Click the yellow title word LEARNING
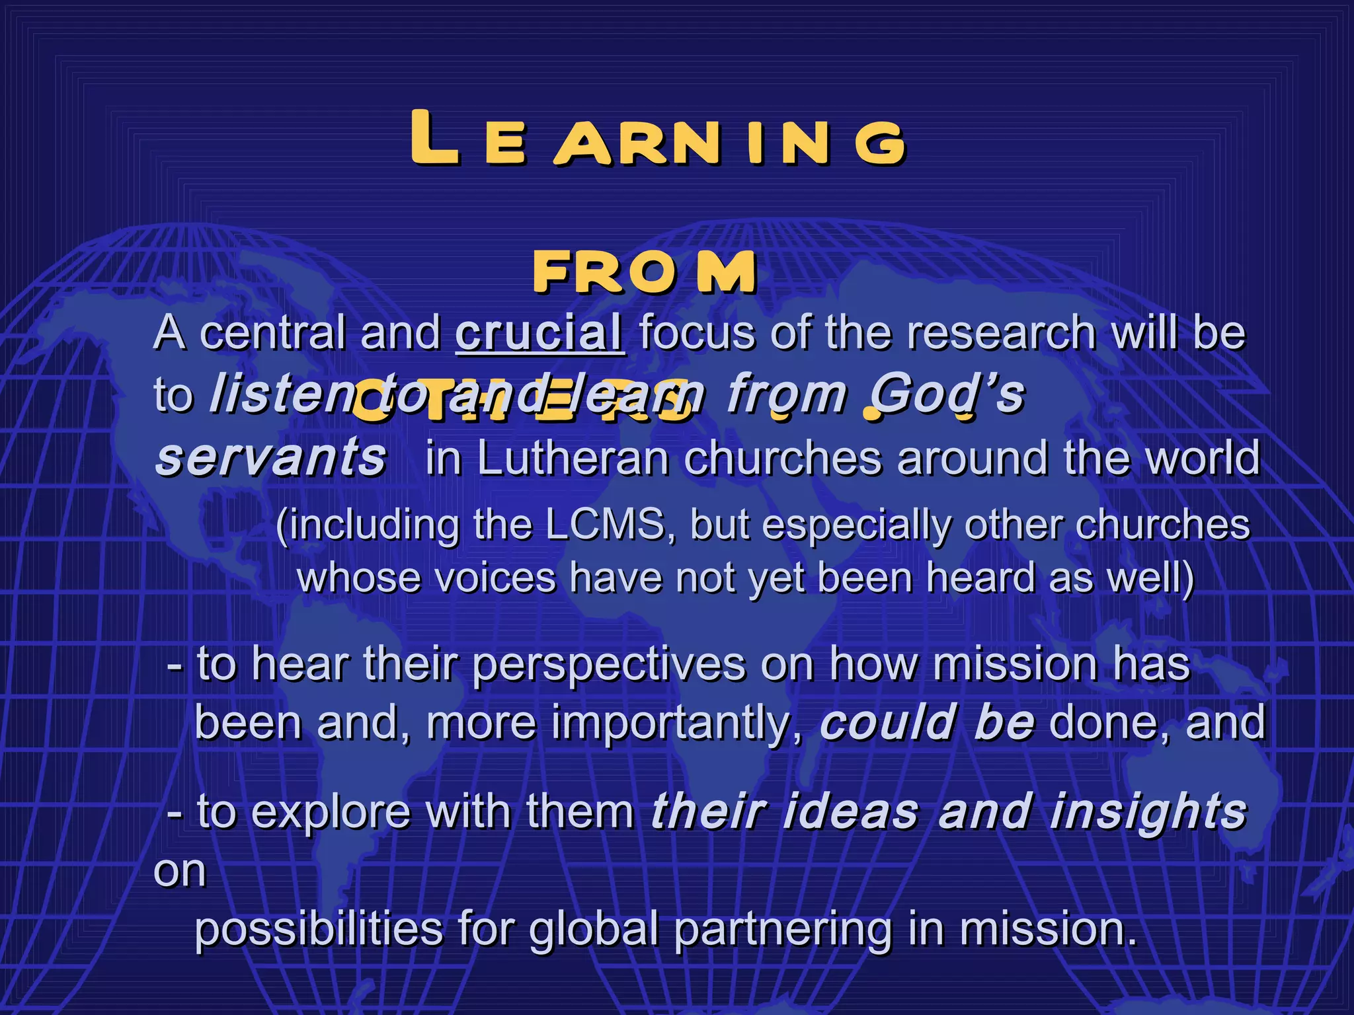coord(657,139)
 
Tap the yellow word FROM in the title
coord(645,272)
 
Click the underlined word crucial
coord(539,332)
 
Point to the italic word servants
coord(270,457)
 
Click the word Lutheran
coord(573,457)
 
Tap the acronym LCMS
coord(605,526)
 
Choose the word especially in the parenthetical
coord(857,526)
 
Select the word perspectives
coord(609,663)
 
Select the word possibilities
coord(318,928)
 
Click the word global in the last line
coord(593,928)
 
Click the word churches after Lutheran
coord(783,457)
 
